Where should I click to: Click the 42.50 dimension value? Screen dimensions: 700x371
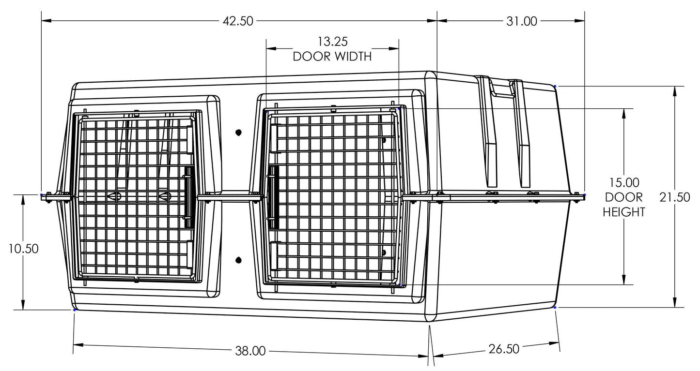tap(238, 21)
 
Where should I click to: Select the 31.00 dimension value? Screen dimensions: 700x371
tap(522, 21)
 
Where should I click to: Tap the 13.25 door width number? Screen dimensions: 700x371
tap(332, 42)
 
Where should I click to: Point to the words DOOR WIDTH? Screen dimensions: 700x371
tap(332, 57)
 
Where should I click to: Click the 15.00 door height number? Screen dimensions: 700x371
tap(624, 182)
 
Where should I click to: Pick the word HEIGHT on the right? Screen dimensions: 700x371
tap(624, 212)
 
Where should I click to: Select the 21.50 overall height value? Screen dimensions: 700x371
tap(675, 197)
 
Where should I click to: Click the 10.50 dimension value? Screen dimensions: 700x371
tap(23, 249)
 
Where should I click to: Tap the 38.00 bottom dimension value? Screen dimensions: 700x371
tap(250, 351)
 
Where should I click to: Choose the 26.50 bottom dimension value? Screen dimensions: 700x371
tap(504, 349)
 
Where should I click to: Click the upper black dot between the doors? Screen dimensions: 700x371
tap(238, 133)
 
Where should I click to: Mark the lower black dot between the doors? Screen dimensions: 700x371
tap(238, 260)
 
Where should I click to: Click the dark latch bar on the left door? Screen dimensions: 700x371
tap(189, 197)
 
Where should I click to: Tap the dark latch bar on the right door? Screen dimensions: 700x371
tap(274, 197)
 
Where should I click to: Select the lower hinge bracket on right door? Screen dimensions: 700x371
tap(274, 256)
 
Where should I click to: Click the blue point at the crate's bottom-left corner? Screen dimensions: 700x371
tap(74, 310)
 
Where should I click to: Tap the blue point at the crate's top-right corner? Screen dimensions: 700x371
tap(555, 86)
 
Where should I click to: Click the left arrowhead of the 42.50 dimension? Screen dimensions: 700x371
tap(46, 21)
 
